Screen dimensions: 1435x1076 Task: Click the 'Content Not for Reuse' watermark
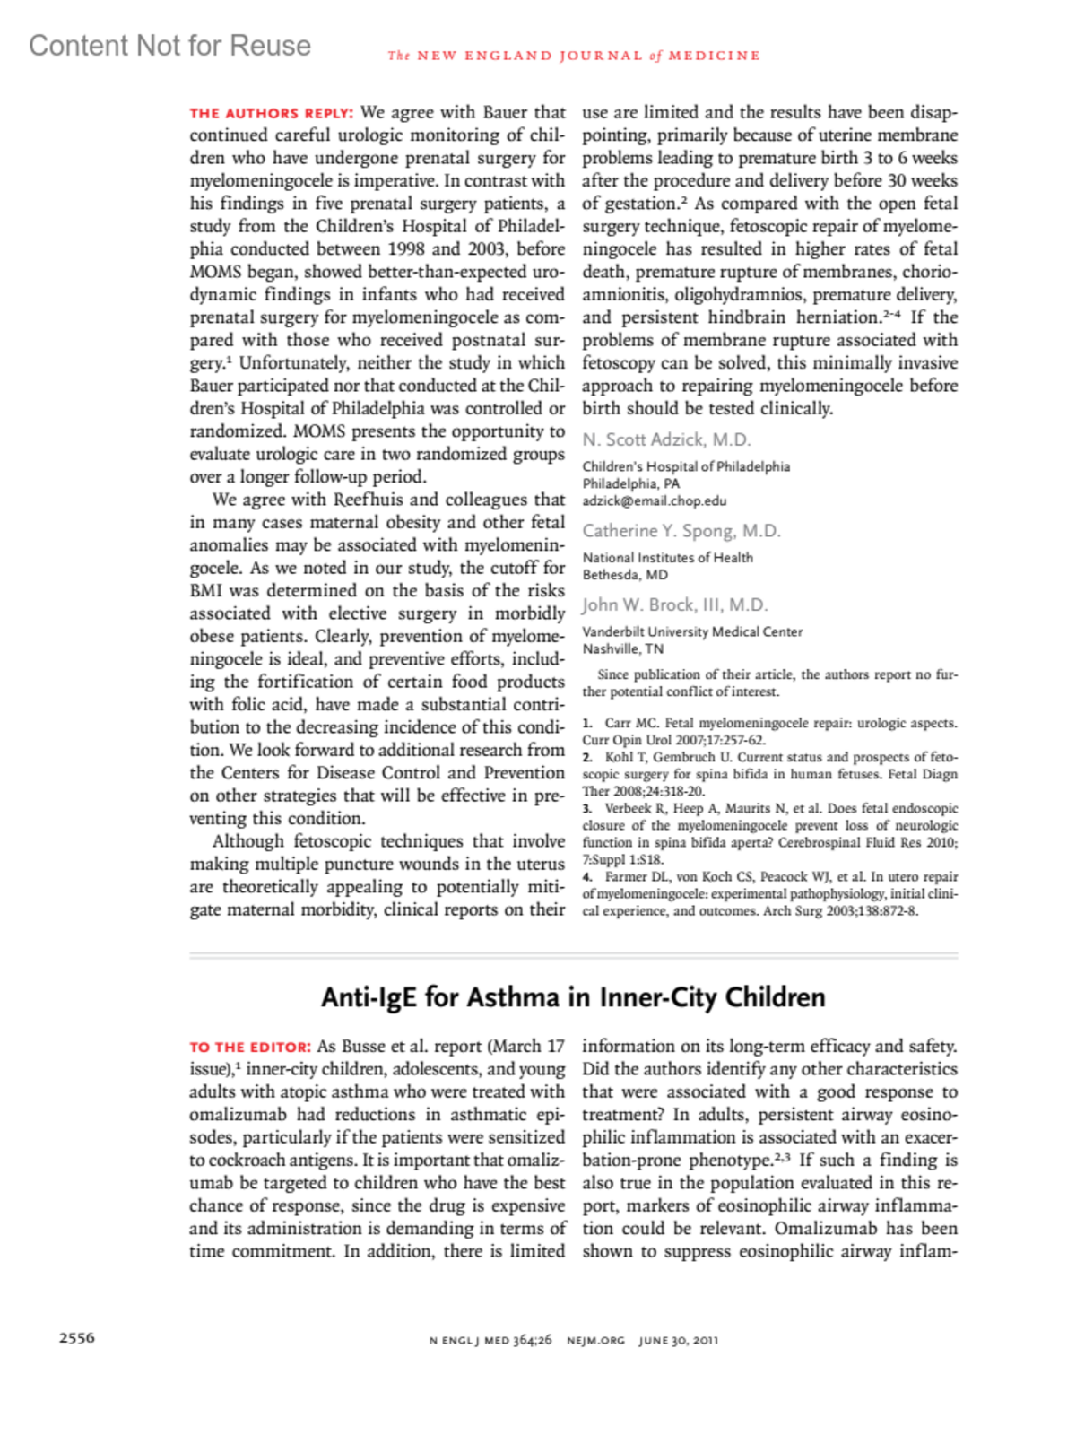(x=169, y=46)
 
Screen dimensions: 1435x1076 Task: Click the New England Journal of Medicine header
(x=574, y=56)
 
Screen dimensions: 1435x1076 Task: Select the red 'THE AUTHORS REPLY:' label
(x=272, y=113)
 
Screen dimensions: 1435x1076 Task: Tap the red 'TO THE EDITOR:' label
(x=250, y=1047)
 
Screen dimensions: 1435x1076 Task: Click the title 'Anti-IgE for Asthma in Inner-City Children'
(x=573, y=997)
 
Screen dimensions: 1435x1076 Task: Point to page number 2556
(x=77, y=1338)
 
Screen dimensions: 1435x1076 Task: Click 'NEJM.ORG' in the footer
(x=595, y=1341)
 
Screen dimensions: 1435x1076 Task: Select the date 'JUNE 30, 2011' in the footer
(x=678, y=1341)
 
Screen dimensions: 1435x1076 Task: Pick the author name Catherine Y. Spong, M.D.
(x=681, y=531)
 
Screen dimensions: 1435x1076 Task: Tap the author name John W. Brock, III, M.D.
(x=675, y=604)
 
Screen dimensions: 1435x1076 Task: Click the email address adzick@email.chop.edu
(x=655, y=501)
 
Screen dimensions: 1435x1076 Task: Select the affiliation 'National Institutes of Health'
(x=668, y=558)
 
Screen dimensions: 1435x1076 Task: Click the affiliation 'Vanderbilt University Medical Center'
(x=692, y=631)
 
